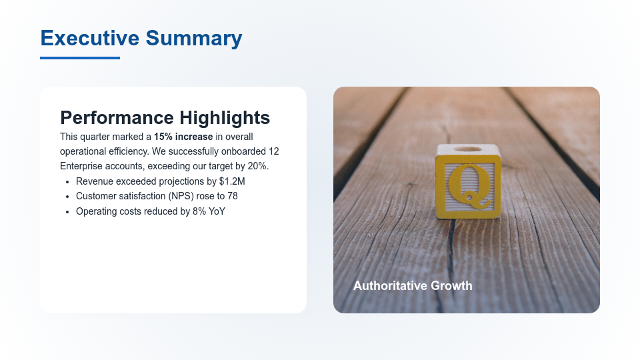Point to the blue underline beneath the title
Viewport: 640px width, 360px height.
pos(80,58)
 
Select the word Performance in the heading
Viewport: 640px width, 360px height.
pos(116,118)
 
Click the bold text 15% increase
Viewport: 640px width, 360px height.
pos(183,137)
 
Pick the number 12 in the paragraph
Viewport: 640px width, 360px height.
pos(273,151)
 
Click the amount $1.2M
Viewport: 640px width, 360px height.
pos(232,181)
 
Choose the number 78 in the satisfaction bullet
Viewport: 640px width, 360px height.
pos(232,196)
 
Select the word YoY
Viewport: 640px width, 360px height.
pos(217,211)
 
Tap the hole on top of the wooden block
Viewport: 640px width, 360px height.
pos(469,149)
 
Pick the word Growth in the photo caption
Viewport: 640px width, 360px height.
pos(451,286)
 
